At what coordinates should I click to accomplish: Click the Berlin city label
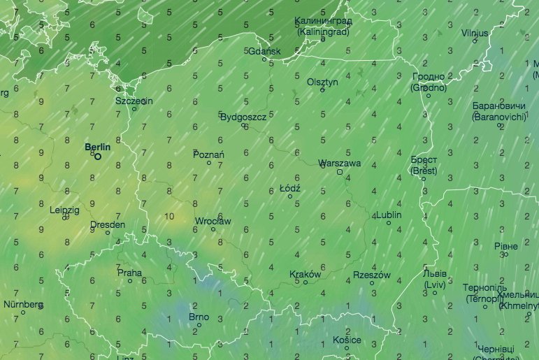click(97, 147)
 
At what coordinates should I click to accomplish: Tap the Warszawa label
click(339, 163)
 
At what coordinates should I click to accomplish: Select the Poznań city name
click(210, 154)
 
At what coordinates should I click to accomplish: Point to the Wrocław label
click(213, 221)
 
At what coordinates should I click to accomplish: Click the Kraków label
click(305, 275)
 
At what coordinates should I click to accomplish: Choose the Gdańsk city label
click(264, 51)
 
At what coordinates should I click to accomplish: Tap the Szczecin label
click(134, 100)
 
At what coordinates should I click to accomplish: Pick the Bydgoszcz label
click(243, 117)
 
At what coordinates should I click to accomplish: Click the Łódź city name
click(289, 189)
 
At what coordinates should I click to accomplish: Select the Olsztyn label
click(322, 82)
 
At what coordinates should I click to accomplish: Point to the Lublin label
click(389, 215)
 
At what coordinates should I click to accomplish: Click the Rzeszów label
click(371, 275)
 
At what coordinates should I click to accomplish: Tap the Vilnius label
click(475, 33)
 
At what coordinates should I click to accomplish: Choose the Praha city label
click(129, 273)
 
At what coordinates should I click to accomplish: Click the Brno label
click(199, 317)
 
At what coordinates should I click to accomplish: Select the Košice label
click(347, 340)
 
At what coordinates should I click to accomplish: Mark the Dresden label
click(108, 225)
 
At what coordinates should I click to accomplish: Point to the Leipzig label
click(65, 210)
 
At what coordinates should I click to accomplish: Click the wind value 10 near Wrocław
click(169, 216)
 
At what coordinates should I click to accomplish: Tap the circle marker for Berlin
click(98, 157)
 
